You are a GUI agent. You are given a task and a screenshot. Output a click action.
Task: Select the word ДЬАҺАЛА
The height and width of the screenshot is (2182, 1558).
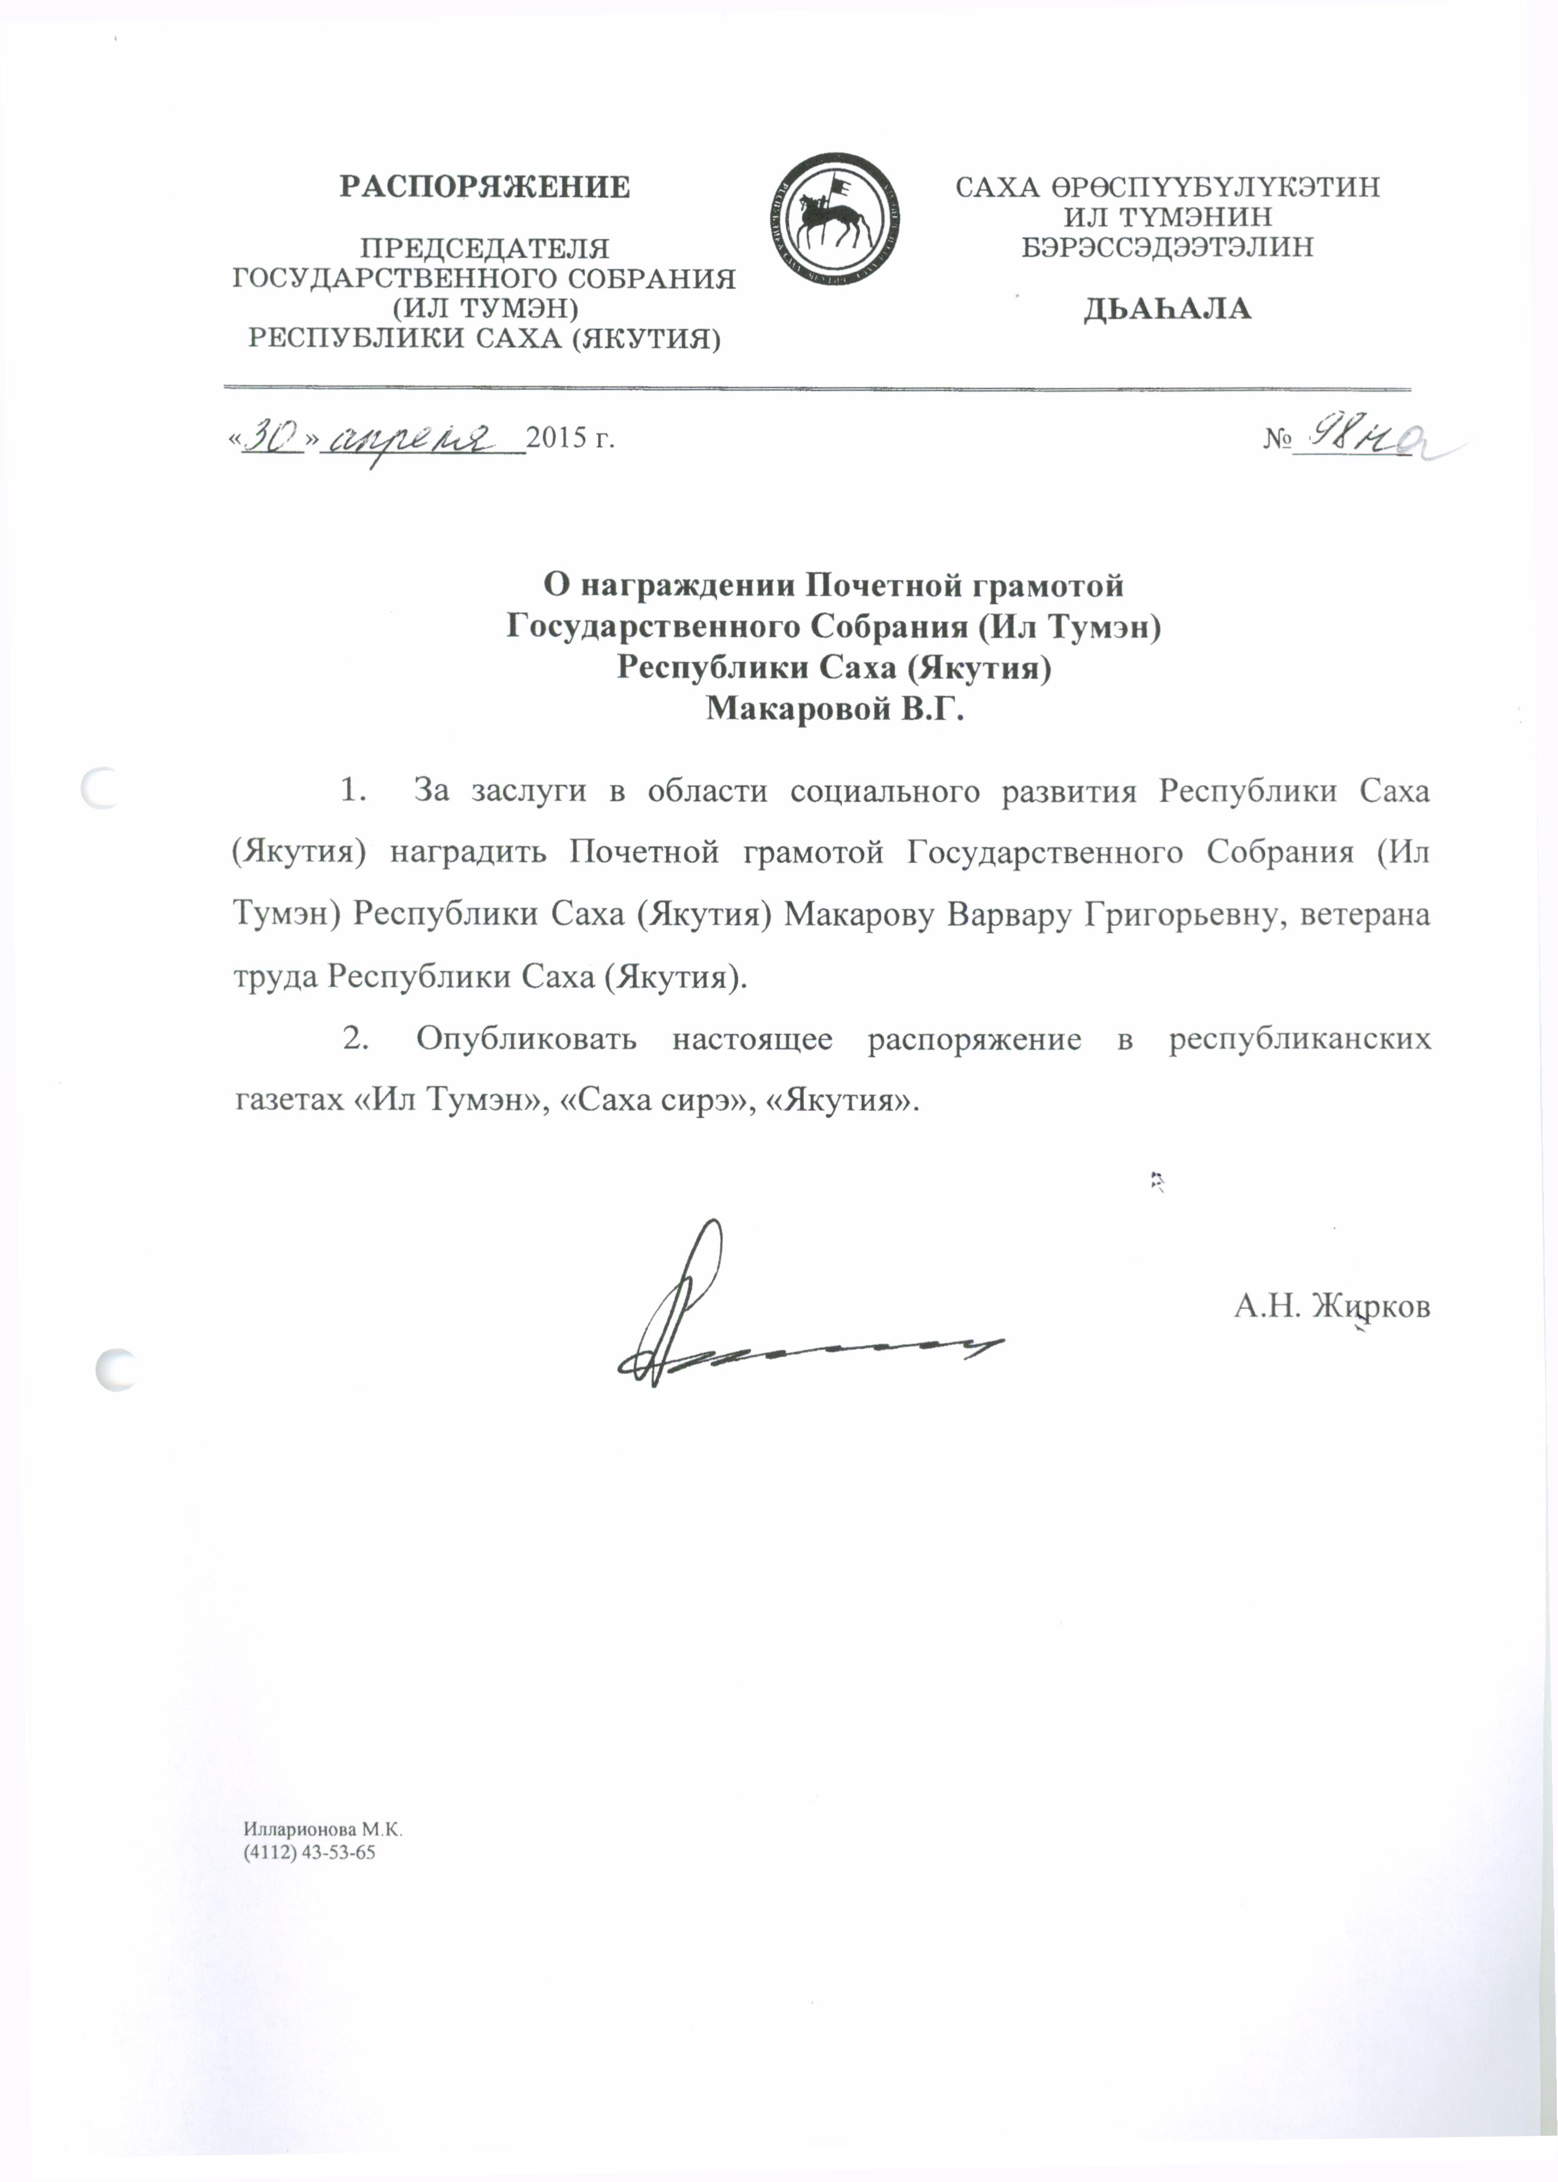point(1168,309)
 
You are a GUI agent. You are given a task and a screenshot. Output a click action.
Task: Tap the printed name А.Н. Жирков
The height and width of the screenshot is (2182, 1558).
point(1331,1306)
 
